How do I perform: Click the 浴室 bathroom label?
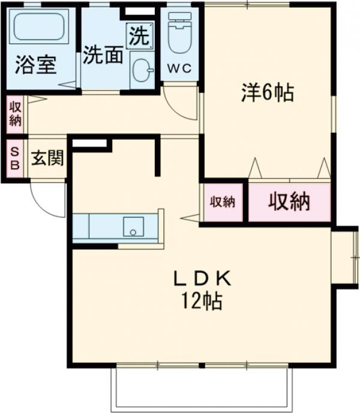pos(37,64)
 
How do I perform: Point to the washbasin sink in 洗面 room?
pos(143,71)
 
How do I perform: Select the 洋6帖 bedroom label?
pos(268,93)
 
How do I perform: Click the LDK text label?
pos(202,279)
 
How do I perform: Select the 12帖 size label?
pos(202,300)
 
